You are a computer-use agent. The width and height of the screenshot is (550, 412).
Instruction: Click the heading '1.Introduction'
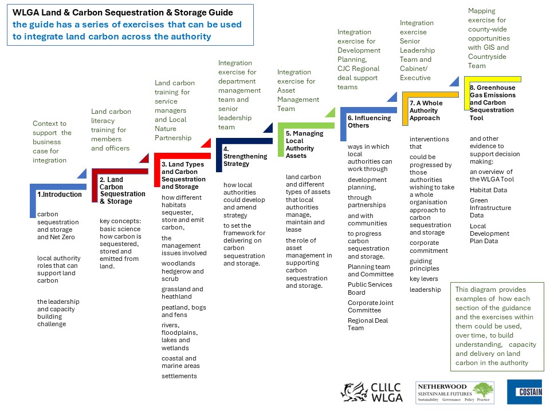(x=60, y=195)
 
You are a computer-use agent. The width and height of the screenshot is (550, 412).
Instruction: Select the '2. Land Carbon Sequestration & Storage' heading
(x=122, y=190)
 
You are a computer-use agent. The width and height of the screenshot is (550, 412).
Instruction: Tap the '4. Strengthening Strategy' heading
(x=245, y=156)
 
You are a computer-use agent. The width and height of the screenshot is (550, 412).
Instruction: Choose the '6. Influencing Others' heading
(x=369, y=121)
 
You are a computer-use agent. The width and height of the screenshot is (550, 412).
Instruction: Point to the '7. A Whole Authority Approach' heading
(x=426, y=110)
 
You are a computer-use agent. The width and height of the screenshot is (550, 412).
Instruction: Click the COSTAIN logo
(x=524, y=391)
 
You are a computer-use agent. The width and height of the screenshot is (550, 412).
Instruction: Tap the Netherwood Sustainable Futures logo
(x=455, y=393)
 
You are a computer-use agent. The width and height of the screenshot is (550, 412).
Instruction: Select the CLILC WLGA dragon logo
(x=371, y=392)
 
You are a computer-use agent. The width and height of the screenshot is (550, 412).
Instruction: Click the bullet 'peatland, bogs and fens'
(x=183, y=311)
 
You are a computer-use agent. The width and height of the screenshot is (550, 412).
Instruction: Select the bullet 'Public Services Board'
(x=370, y=288)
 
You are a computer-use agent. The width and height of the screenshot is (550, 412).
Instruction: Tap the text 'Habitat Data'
(x=488, y=190)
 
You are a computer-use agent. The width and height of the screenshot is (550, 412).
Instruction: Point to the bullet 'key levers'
(x=424, y=279)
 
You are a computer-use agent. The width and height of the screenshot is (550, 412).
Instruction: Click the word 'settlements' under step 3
(x=179, y=376)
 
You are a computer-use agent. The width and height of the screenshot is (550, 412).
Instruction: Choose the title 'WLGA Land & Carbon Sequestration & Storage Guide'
(x=123, y=13)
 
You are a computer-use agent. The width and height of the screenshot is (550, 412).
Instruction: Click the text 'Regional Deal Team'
(x=368, y=324)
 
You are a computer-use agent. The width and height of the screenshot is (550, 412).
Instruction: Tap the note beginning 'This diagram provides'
(x=497, y=326)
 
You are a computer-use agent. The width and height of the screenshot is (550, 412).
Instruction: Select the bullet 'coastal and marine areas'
(x=180, y=362)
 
